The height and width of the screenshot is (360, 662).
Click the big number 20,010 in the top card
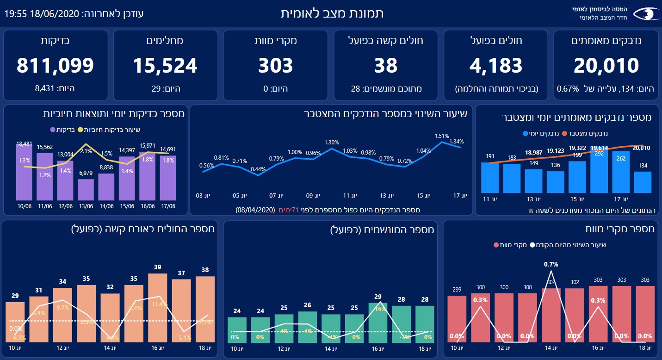point(606,66)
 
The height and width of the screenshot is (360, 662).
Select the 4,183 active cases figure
point(495,66)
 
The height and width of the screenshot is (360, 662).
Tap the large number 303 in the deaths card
point(275,66)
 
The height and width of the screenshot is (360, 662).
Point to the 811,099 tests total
point(56,66)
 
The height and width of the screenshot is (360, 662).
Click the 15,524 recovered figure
point(165,66)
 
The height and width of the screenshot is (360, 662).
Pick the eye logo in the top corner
point(646,14)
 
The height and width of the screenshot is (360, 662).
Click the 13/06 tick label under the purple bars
point(86,206)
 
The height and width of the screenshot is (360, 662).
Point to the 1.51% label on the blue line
point(442,136)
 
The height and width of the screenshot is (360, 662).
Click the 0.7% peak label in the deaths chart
point(551,265)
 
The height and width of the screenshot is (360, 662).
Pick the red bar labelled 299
point(457,319)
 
